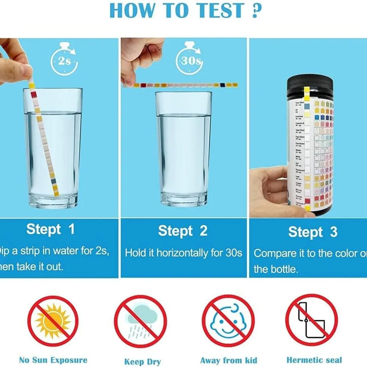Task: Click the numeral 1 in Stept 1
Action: click(x=72, y=229)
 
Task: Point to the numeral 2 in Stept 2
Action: click(x=203, y=231)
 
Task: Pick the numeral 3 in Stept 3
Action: click(x=334, y=232)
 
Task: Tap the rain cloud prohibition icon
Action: click(x=140, y=321)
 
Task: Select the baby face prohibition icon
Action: click(x=228, y=321)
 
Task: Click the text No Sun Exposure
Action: click(x=53, y=360)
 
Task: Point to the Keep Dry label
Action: click(x=142, y=361)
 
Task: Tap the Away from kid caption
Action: click(x=228, y=360)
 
